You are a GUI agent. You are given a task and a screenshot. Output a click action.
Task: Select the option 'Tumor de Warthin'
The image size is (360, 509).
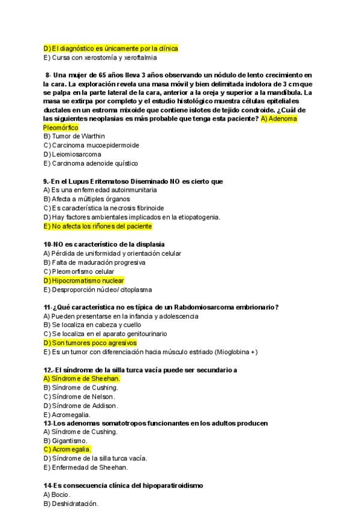click(74, 136)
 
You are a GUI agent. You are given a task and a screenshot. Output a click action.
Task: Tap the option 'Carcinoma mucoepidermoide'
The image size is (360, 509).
click(91, 145)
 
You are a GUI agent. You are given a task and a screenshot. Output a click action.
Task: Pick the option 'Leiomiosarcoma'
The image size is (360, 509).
click(72, 154)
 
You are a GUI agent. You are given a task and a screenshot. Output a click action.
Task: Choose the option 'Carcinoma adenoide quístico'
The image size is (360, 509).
click(91, 163)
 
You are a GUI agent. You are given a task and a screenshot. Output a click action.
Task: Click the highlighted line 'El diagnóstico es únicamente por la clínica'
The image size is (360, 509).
click(111, 49)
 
